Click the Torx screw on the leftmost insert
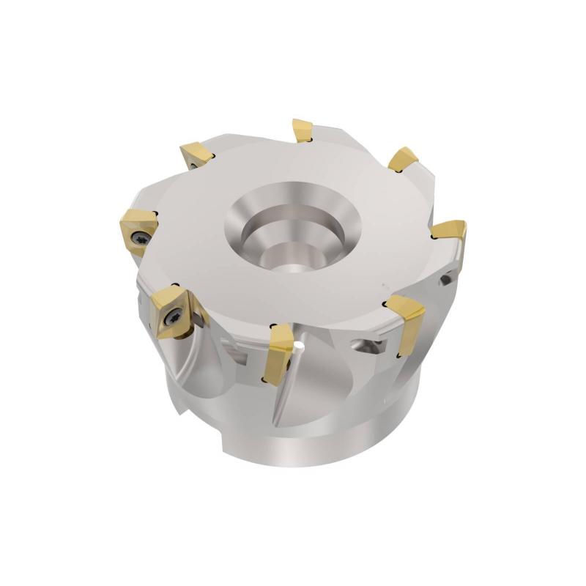(x=141, y=237)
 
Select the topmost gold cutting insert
(x=303, y=130)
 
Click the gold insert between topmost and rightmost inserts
(x=403, y=159)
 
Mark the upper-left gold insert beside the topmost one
(x=199, y=154)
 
